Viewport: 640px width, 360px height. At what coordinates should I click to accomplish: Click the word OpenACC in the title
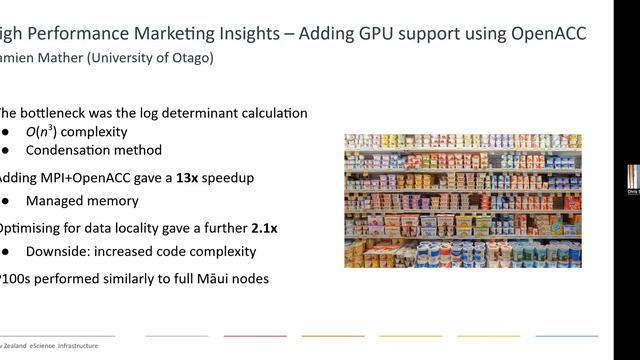coord(543,33)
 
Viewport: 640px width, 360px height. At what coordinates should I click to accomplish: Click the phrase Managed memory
coord(83,201)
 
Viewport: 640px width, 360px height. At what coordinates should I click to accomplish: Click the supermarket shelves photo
coord(462,200)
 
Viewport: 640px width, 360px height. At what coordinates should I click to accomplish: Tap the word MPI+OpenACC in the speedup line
coord(87,177)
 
